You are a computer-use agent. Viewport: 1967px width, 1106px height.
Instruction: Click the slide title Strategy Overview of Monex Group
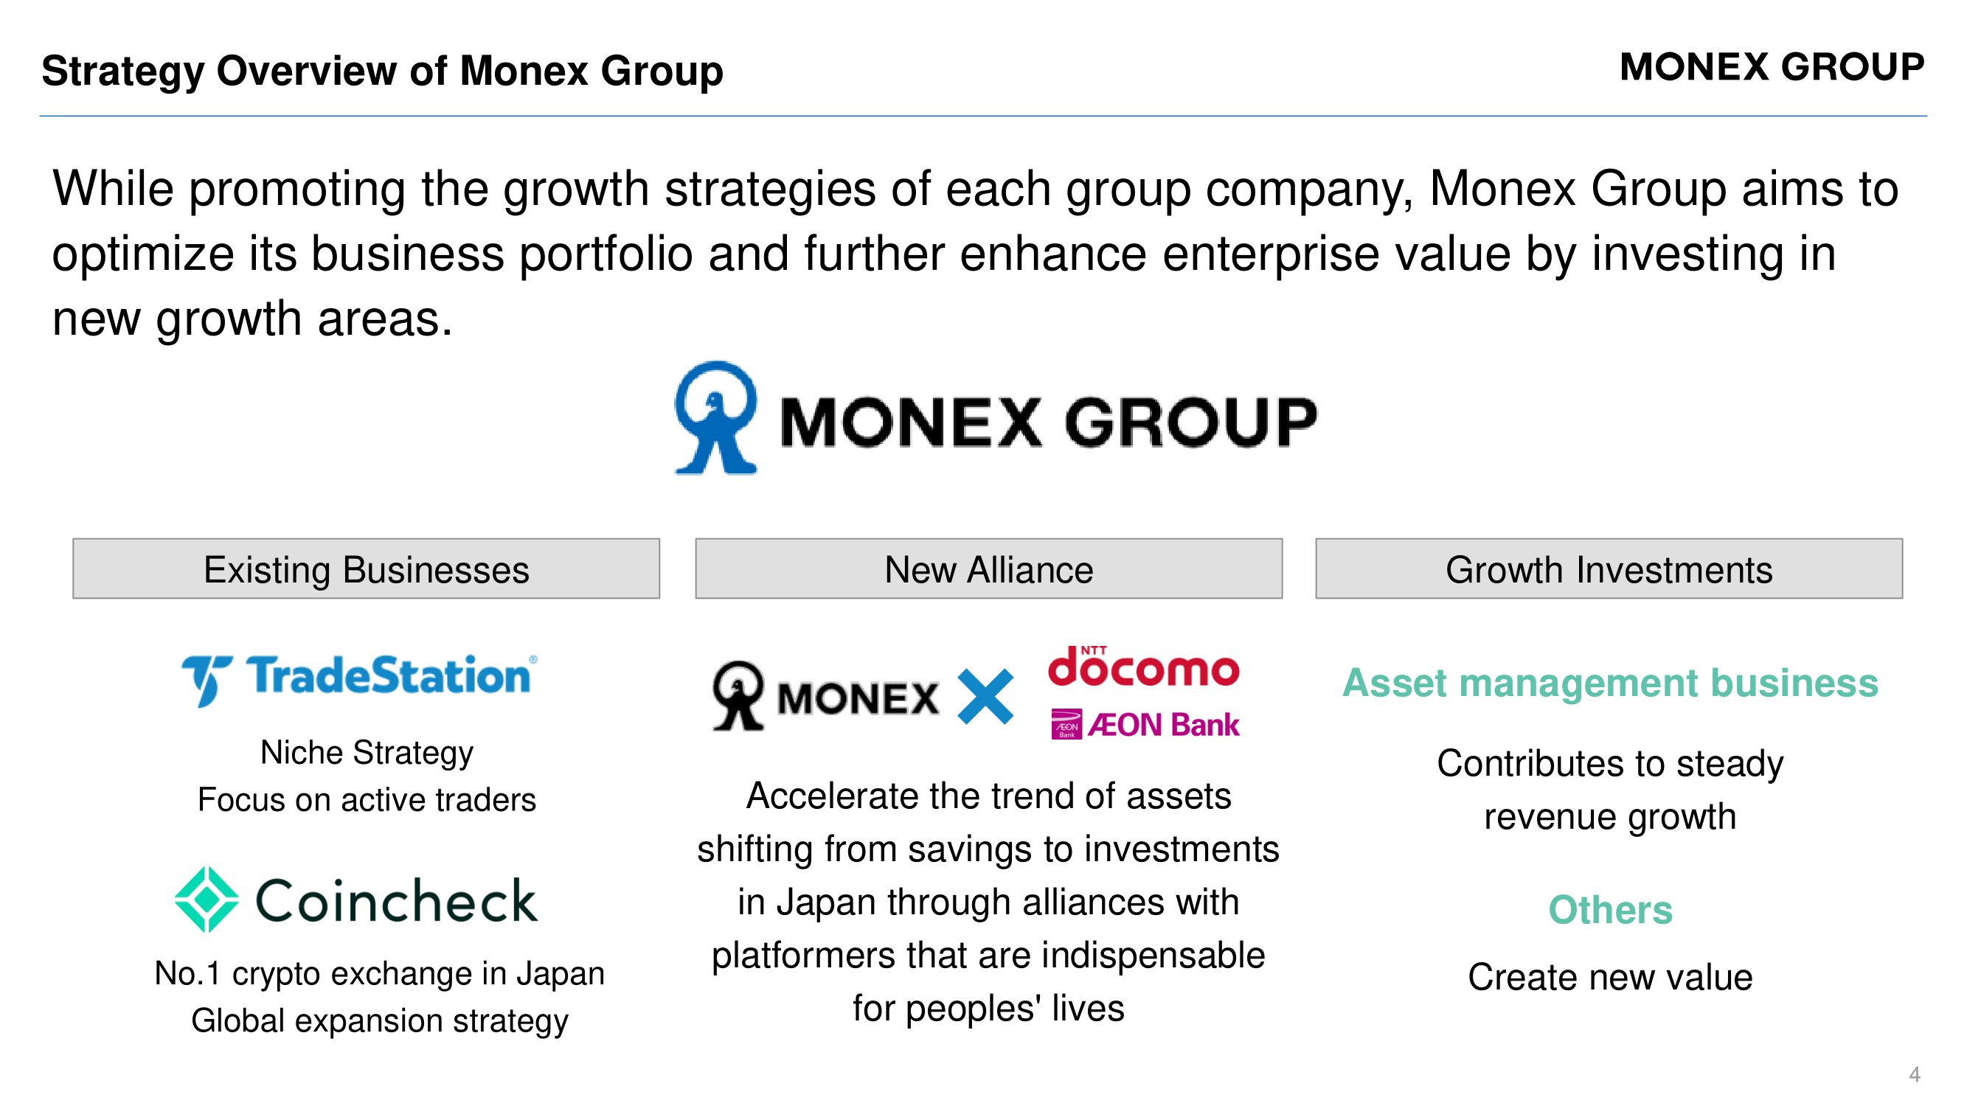click(x=383, y=71)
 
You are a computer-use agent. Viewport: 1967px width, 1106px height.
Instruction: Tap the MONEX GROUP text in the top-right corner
click(x=1772, y=66)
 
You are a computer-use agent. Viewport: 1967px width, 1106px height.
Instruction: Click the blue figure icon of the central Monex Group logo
click(x=715, y=417)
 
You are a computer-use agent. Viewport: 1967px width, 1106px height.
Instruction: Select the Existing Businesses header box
click(x=367, y=568)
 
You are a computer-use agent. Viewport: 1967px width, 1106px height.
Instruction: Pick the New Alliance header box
click(x=989, y=568)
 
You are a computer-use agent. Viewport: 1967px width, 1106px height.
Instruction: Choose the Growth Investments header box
click(x=1609, y=568)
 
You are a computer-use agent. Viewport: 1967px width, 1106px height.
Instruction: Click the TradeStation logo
click(x=360, y=678)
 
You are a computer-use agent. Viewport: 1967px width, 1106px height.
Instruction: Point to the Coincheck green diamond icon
click(x=207, y=900)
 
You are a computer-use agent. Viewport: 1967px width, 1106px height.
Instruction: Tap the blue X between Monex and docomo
click(x=985, y=696)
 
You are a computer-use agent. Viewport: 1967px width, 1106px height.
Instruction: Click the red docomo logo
click(x=1143, y=666)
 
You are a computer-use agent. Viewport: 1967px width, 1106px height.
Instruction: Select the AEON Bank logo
click(x=1145, y=724)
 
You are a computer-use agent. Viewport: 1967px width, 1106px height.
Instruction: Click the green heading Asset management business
click(x=1609, y=682)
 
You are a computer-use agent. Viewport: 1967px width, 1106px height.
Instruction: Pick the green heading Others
click(x=1609, y=910)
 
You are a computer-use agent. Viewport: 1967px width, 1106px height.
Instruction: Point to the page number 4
click(x=1915, y=1074)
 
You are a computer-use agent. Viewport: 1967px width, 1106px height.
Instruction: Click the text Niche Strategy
click(x=367, y=753)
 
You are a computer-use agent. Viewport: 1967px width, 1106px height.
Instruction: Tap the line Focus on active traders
click(x=367, y=800)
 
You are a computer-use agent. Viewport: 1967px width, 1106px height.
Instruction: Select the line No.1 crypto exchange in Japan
click(x=380, y=974)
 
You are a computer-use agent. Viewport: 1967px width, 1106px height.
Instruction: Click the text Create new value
click(x=1609, y=977)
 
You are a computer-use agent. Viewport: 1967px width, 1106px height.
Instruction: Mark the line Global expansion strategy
click(x=380, y=1021)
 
